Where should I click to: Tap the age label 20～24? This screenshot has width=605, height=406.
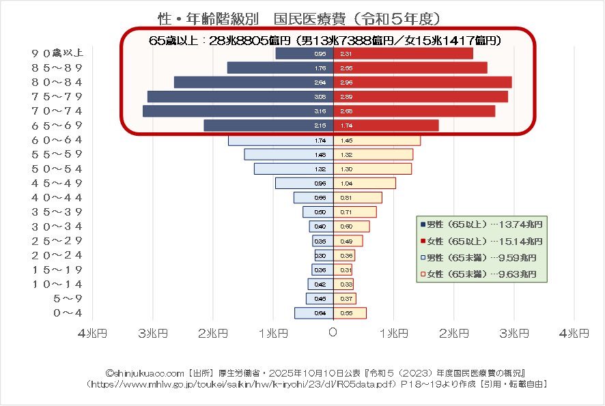tap(57, 255)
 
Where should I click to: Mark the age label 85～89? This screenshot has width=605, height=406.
tap(57, 68)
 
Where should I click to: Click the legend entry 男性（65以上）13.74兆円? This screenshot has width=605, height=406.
tap(482, 224)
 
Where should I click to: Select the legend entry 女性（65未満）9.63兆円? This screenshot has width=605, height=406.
tap(482, 274)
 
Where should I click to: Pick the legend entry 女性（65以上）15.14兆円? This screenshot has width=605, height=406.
tap(482, 241)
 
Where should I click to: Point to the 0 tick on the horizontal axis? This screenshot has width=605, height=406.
tap(333, 333)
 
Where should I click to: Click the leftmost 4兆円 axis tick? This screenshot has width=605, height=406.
tap(93, 333)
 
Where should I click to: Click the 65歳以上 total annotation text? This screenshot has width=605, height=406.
tap(326, 40)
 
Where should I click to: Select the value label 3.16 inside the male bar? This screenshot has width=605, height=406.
tap(320, 111)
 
